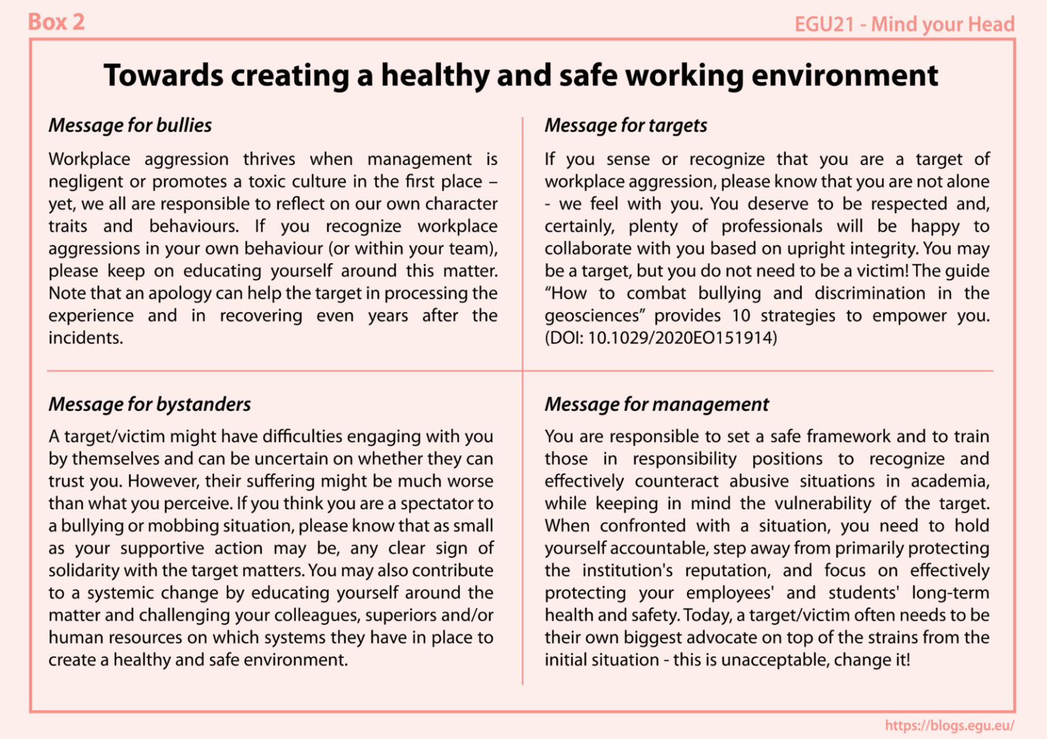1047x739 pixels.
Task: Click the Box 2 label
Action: (56, 22)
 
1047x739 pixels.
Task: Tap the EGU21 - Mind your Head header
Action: (904, 25)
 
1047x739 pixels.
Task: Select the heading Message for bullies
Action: (130, 125)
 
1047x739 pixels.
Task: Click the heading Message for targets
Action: (626, 125)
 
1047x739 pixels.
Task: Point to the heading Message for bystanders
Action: (149, 404)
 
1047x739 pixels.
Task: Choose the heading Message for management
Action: (656, 404)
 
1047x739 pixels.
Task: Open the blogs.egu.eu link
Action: (949, 725)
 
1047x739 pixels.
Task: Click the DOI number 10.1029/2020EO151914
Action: (681, 337)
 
